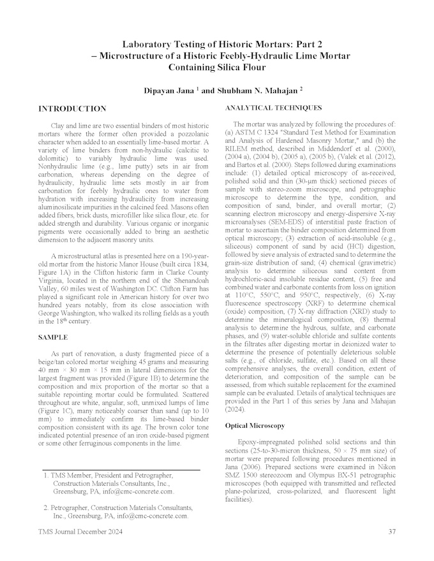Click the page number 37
point(393,531)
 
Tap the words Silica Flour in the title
point(236,68)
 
